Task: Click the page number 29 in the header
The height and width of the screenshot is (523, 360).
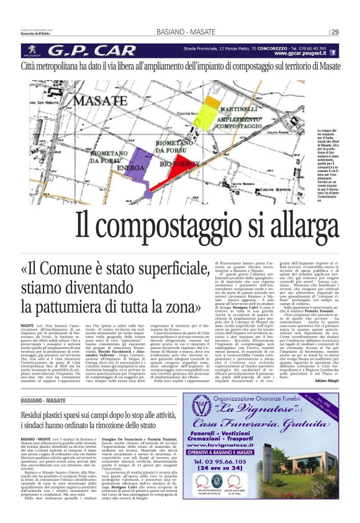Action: (335, 32)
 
